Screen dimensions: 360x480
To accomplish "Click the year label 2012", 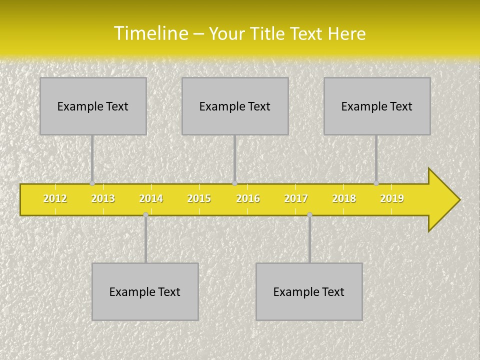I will point(55,198).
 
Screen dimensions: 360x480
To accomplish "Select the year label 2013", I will point(103,198).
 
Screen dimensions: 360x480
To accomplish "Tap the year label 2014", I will point(151,198).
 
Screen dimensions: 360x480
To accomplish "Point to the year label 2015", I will point(199,198).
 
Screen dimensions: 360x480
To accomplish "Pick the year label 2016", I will point(248,198).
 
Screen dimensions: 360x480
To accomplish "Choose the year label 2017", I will point(296,198).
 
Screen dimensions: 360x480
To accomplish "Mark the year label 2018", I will point(344,198).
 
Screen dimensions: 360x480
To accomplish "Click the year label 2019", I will point(392,198).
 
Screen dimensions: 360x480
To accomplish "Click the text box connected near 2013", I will point(93,106).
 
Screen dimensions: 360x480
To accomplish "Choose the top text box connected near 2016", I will point(235,106).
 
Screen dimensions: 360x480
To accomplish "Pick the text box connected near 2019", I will point(377,106).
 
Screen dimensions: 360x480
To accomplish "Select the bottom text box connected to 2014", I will point(145,291).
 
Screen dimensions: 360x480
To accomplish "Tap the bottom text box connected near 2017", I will point(309,291).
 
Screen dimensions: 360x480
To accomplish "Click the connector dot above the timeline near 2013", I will point(92,183).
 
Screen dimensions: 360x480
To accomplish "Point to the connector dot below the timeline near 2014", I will point(145,214).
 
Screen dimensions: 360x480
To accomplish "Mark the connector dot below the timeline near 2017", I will point(309,214).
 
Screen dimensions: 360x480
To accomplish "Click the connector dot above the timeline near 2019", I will point(376,183).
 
